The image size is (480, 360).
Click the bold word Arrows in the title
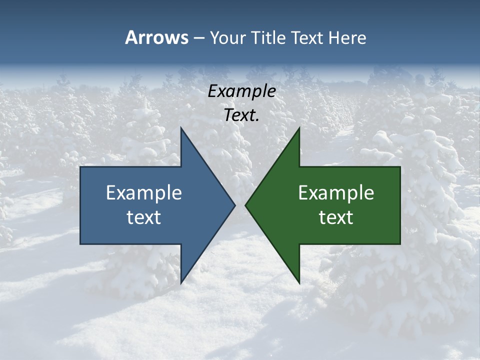pos(156,37)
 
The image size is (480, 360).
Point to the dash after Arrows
pos(198,38)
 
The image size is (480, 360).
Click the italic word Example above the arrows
pos(241,91)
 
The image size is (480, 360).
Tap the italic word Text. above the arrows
pos(241,115)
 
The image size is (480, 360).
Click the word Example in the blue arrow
pos(143,192)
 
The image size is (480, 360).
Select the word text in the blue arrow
pos(143,217)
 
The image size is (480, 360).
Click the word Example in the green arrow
pos(336,192)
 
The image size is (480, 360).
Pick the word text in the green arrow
pos(336,217)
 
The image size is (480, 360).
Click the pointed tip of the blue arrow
pos(235,205)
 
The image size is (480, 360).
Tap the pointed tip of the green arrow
pos(245,205)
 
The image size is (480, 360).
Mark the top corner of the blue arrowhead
pos(181,127)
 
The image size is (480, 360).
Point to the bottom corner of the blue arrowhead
pos(181,283)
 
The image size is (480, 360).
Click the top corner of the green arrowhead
pos(299,127)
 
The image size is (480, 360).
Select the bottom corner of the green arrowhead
pos(299,283)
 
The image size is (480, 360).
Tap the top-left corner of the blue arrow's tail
pos(80,167)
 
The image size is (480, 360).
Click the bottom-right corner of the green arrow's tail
pos(400,244)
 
